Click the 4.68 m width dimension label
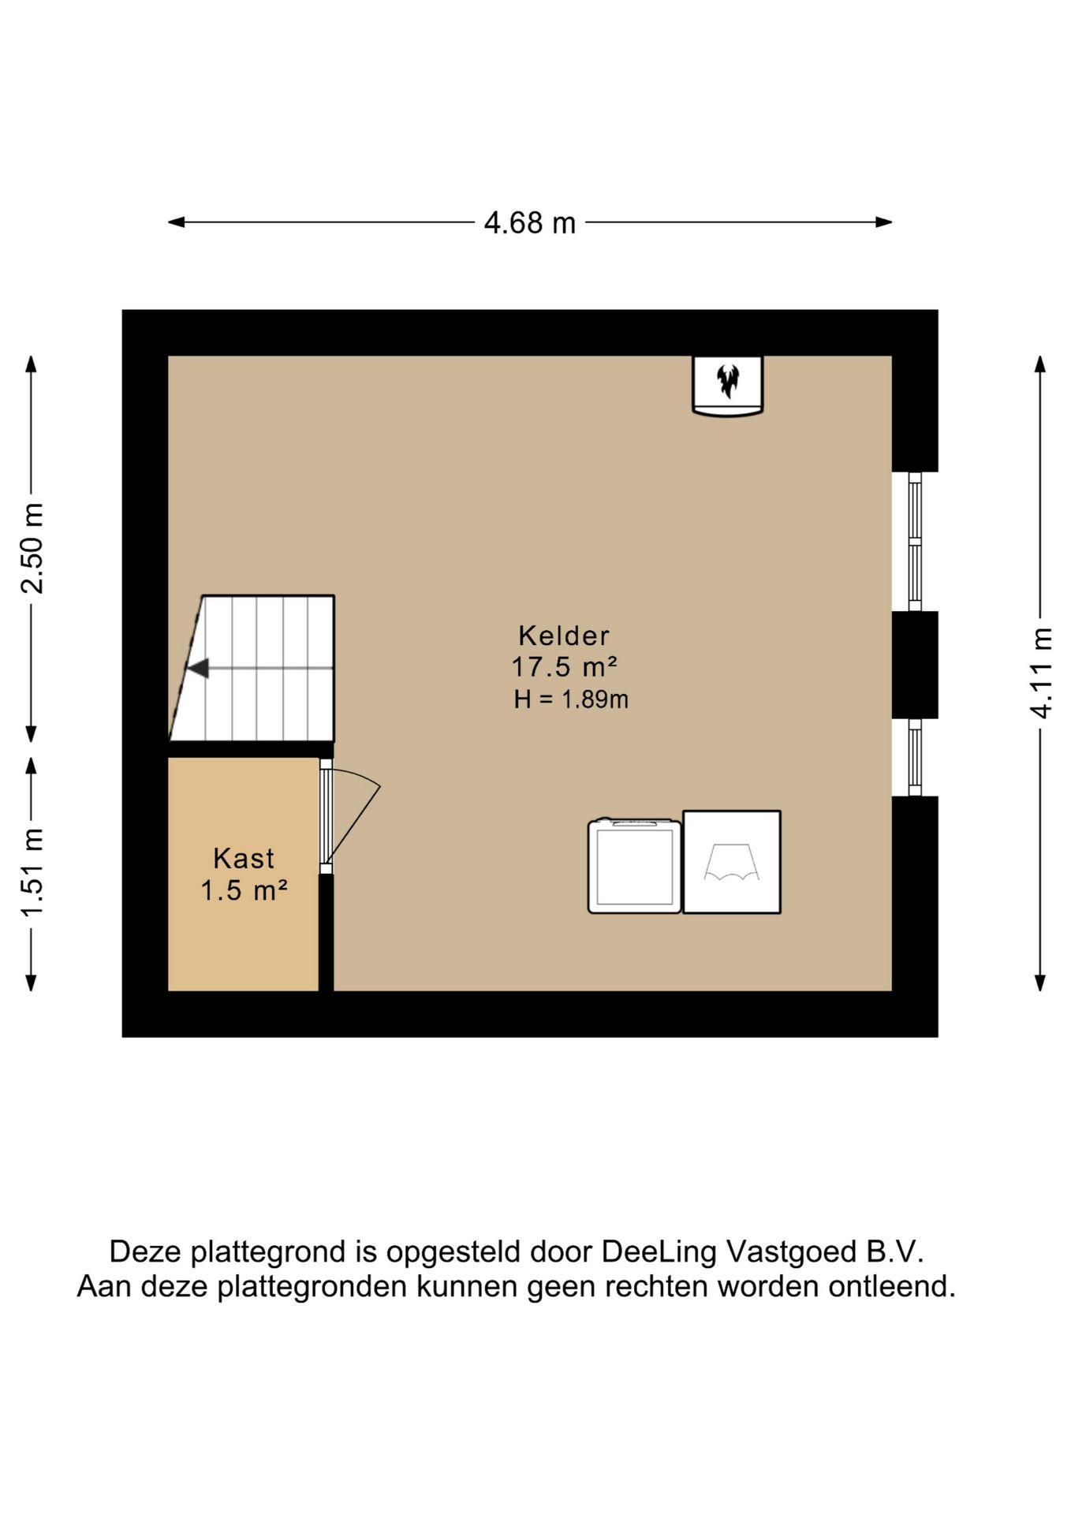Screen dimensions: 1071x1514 [529, 223]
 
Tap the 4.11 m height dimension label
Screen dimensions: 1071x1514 [1041, 673]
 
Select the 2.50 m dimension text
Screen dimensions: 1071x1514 [32, 547]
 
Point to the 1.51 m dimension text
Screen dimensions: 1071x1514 [32, 873]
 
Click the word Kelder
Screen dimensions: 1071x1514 [564, 636]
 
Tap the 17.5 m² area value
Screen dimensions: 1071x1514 [564, 667]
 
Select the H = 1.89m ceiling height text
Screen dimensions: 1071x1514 [571, 699]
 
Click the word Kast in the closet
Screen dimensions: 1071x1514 [244, 858]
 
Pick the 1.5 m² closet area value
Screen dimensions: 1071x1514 [244, 890]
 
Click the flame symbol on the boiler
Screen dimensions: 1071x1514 [727, 381]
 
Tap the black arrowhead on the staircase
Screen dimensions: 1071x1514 [197, 668]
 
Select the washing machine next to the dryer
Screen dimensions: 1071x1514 [634, 866]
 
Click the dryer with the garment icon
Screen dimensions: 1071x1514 [732, 862]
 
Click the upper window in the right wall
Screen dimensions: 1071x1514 [915, 542]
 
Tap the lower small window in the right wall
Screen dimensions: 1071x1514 [915, 757]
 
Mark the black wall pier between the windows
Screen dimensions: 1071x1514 [915, 665]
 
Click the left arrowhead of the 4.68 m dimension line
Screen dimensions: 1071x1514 [177, 222]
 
